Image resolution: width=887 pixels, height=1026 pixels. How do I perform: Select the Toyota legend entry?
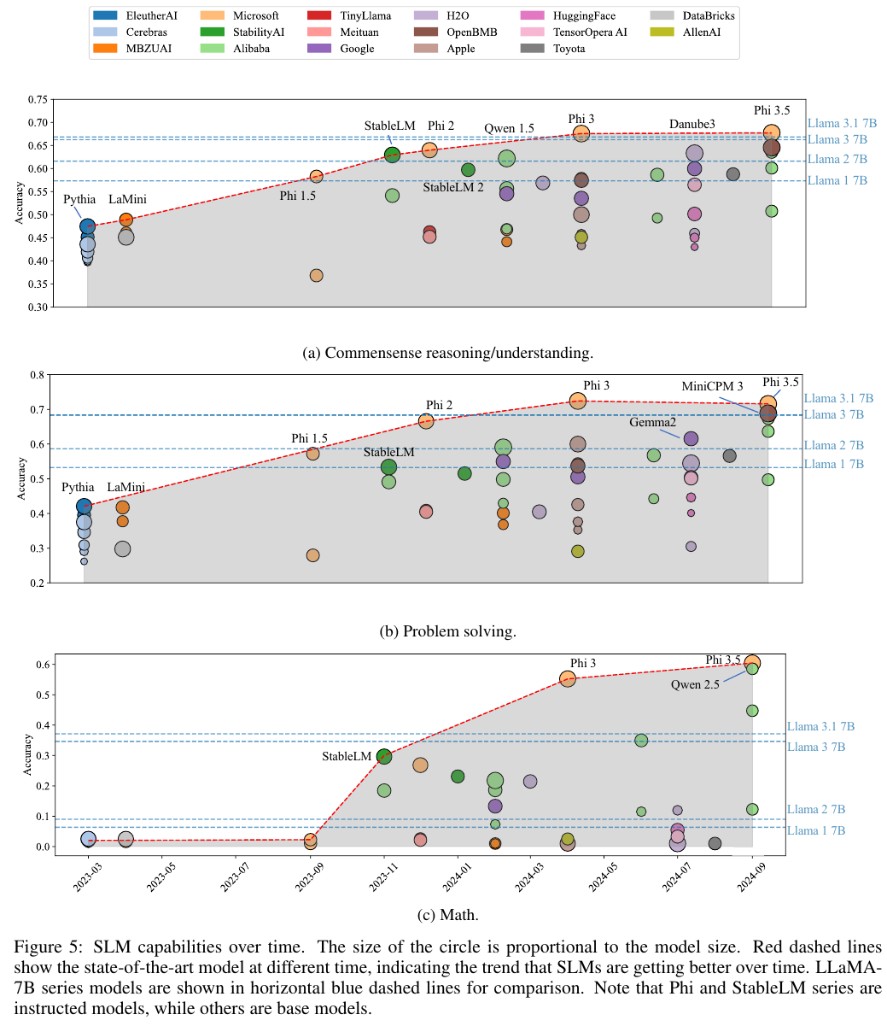pos(569,49)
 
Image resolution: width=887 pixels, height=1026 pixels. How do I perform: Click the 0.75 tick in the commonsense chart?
pos(37,100)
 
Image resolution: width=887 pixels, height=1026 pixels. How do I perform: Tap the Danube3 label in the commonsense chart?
pos(692,126)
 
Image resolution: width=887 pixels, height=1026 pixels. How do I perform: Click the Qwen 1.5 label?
pos(509,129)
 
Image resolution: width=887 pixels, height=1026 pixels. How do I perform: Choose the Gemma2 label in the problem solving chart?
pos(653,422)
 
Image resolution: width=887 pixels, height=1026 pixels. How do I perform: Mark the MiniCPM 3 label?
pos(712,386)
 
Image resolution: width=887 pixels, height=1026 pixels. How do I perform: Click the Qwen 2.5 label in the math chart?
pos(694,684)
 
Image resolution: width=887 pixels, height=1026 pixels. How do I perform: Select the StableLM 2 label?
pos(453,187)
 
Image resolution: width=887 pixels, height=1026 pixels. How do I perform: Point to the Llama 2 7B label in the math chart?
pos(816,809)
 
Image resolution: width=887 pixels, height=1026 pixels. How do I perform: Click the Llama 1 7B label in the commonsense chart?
pos(837,180)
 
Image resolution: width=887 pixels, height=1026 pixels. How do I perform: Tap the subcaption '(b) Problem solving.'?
pos(447,632)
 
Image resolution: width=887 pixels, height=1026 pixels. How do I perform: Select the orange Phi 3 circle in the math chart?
pos(567,678)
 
